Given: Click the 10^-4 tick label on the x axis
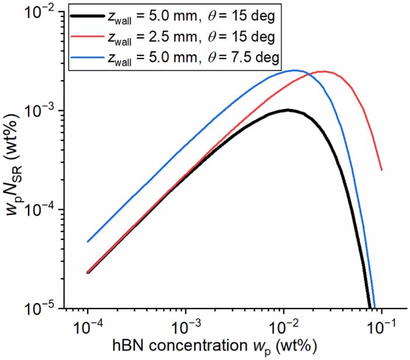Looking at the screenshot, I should point(88,326).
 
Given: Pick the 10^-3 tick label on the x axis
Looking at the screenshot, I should point(186,326).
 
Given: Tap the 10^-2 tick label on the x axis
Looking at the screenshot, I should point(284,326).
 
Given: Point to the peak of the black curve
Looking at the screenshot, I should point(286,110).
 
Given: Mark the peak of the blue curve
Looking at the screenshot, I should point(296,70).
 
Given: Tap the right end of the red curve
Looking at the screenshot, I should point(382,170).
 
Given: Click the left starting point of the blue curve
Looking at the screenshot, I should point(88,242).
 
